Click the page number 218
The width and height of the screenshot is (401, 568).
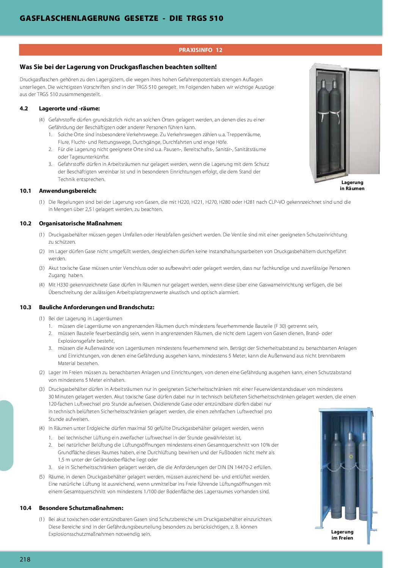pos(25,559)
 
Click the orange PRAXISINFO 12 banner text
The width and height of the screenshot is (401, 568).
pos(200,50)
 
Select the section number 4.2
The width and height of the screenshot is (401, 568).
pos(24,109)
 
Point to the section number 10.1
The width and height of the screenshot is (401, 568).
pos(25,191)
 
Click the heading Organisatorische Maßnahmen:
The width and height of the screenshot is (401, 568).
pos(80,223)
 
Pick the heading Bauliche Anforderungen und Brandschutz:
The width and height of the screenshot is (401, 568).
pos(97,307)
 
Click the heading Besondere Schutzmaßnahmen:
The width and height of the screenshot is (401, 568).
pos(81,508)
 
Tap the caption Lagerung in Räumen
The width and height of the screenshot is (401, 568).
pos(352,186)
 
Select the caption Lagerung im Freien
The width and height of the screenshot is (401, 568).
pos(342,535)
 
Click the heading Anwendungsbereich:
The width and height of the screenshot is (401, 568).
pos(67,191)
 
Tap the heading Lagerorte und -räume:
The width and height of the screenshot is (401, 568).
pos(69,109)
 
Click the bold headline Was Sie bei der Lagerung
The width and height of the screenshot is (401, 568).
pos(118,67)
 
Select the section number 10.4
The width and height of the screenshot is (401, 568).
pos(25,508)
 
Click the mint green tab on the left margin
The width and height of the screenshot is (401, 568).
pos(6,435)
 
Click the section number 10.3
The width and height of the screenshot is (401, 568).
pos(25,307)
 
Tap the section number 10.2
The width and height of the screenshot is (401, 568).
pos(25,223)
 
